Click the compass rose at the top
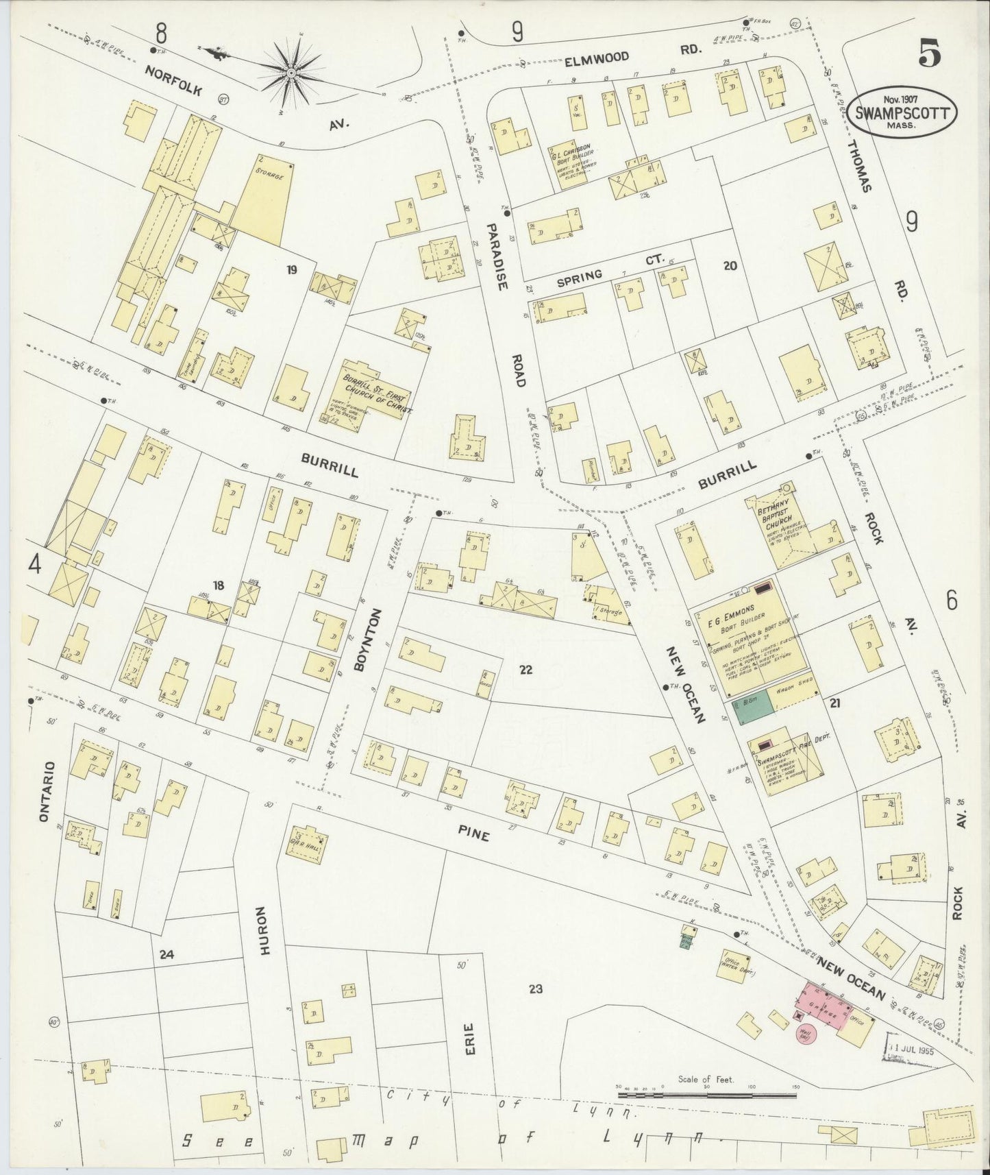[290, 71]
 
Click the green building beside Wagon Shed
[752, 712]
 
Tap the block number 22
[525, 670]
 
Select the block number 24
[166, 954]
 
